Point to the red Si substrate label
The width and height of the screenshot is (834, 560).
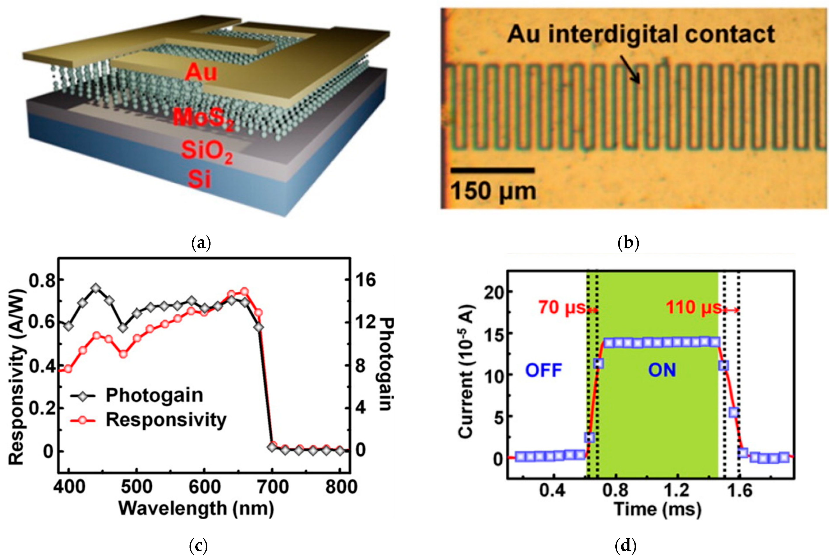[199, 179]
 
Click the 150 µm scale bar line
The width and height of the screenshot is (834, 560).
[493, 170]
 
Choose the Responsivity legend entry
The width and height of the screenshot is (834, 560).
[166, 420]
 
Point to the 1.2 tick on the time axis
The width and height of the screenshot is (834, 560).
[677, 490]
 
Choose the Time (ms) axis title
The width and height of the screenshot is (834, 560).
[657, 509]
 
